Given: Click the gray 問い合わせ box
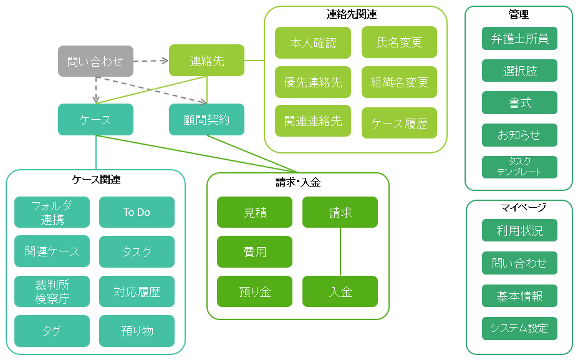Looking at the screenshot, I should click(x=95, y=61).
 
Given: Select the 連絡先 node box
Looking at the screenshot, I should click(x=206, y=61).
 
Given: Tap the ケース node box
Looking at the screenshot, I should click(x=95, y=119).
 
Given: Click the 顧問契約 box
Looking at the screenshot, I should click(x=206, y=119).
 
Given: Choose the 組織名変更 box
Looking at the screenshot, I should click(x=399, y=82).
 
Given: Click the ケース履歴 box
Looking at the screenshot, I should click(x=399, y=123).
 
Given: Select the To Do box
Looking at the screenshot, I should click(x=137, y=212).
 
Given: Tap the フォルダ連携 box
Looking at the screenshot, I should click(x=52, y=212).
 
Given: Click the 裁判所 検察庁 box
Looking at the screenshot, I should click(x=52, y=291).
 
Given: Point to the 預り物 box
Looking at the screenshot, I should click(x=137, y=331).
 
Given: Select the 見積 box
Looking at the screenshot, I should click(x=254, y=212).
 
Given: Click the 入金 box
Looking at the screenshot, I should click(x=340, y=291).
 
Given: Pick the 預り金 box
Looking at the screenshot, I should click(x=254, y=291).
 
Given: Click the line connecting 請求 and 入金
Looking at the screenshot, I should click(x=340, y=251).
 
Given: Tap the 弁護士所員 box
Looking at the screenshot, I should click(x=519, y=38).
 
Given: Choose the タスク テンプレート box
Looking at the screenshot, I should click(x=519, y=167).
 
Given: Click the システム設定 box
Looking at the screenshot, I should click(x=519, y=328).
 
